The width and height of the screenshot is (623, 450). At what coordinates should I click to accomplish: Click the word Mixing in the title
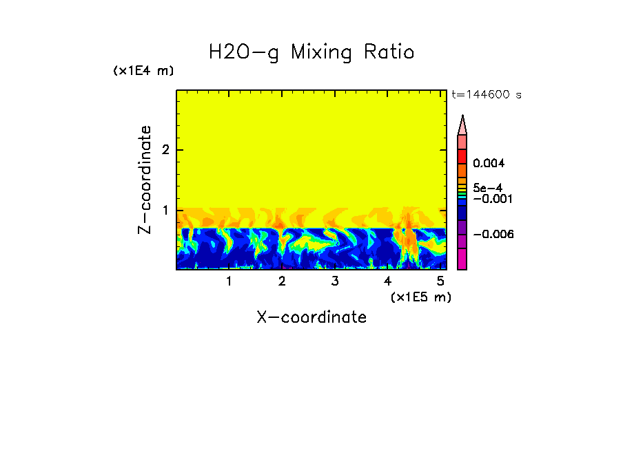[321, 53]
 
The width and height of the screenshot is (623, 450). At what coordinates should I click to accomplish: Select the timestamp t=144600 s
[486, 94]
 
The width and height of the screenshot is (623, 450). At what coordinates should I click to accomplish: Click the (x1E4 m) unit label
[143, 71]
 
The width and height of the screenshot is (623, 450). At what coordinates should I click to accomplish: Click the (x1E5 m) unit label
[420, 297]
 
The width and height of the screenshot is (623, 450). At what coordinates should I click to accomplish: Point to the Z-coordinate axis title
[145, 180]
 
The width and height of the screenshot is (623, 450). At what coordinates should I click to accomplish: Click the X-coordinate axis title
[311, 317]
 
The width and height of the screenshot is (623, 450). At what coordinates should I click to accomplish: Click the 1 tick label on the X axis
[229, 281]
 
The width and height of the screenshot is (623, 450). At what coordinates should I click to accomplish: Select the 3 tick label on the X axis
[335, 281]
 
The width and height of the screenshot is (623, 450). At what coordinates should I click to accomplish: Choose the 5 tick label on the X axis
[440, 281]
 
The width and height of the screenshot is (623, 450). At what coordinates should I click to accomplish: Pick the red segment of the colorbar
[462, 156]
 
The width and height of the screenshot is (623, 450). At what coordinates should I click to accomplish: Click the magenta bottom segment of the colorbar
[462, 259]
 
